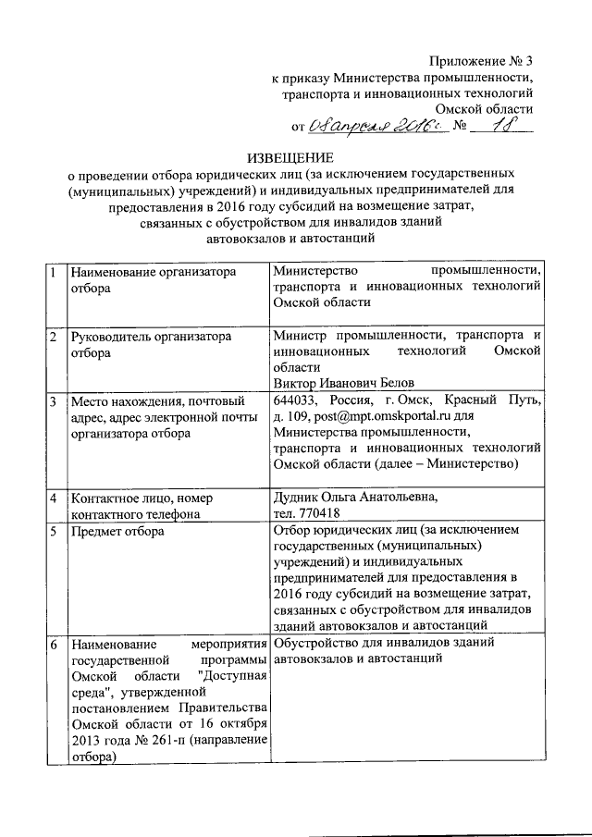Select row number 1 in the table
55,272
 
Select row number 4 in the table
55,499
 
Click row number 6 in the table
55,642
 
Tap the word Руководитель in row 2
112,338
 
